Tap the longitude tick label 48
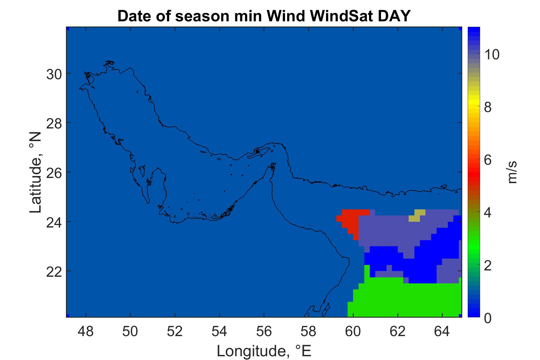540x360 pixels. coord(86,332)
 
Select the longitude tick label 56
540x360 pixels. coord(264,332)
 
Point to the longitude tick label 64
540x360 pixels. coord(442,332)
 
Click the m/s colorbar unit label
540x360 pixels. coord(513,172)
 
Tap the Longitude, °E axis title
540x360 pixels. coord(264,351)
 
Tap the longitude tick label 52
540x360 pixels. coord(175,332)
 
